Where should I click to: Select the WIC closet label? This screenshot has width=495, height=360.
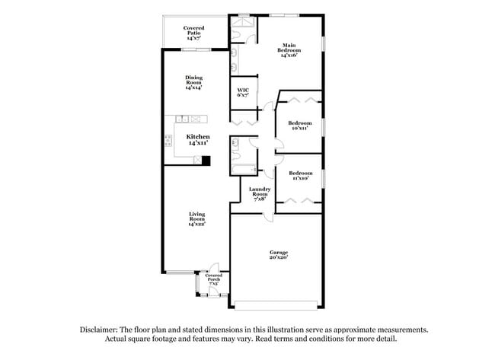[242, 92]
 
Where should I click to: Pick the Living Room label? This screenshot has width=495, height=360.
[197, 219]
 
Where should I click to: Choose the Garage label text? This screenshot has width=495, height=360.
[278, 254]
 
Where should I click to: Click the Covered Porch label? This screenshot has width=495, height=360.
[213, 279]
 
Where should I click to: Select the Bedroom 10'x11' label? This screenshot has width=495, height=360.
[299, 126]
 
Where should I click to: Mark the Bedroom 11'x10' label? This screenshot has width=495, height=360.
[299, 176]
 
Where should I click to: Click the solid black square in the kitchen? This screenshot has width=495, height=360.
[206, 161]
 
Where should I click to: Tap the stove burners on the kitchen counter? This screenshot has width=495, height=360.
[168, 139]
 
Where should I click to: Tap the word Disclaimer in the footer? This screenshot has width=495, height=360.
[101, 330]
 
